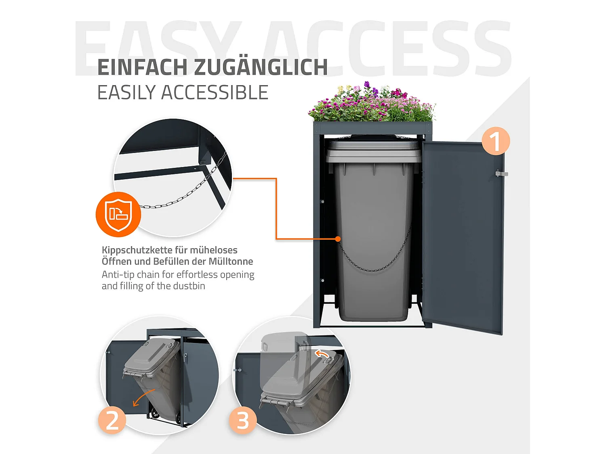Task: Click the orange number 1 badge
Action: (495, 141)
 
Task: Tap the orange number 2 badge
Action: (112, 420)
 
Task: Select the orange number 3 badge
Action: (242, 420)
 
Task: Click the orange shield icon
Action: (118, 214)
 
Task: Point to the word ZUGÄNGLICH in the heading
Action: (261, 67)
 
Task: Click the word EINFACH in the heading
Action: (143, 67)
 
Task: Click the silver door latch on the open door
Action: (501, 174)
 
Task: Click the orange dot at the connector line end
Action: (338, 239)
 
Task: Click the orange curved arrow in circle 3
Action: (322, 354)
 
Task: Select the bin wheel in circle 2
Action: (155, 413)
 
